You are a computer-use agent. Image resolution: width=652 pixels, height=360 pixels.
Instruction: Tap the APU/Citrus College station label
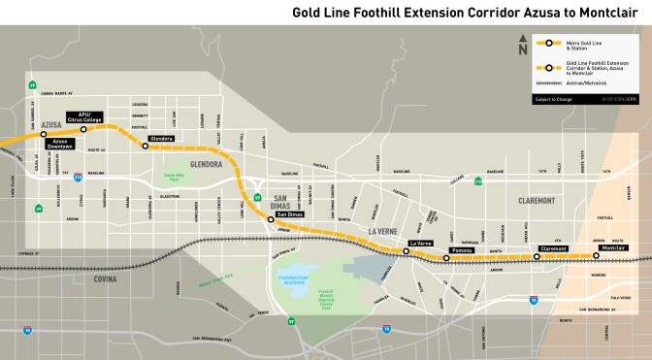pyautogui.click(x=90, y=116)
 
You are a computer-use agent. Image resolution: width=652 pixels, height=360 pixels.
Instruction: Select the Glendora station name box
pyautogui.click(x=162, y=139)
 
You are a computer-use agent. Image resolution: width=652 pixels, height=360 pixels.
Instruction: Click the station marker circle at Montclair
pyautogui.click(x=595, y=256)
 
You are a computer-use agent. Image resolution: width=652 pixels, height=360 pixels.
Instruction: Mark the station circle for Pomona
pyautogui.click(x=446, y=257)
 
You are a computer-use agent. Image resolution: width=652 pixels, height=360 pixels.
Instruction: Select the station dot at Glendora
pyautogui.click(x=145, y=147)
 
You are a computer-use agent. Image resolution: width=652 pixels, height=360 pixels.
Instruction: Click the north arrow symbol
pyautogui.click(x=523, y=48)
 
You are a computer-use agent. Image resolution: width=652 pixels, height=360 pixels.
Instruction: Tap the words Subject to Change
pyautogui.click(x=551, y=100)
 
